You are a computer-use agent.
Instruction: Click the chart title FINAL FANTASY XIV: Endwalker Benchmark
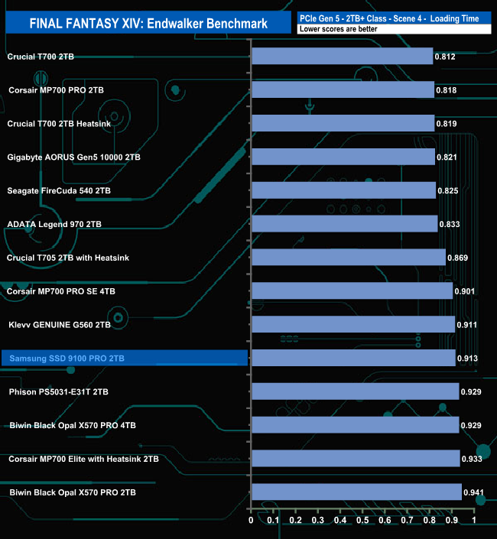coord(148,24)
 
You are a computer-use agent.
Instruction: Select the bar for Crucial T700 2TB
coord(342,57)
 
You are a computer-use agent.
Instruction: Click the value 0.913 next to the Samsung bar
coord(467,359)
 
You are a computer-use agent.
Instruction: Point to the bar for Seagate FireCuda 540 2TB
coord(343,190)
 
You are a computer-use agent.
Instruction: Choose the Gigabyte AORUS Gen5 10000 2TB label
coord(73,157)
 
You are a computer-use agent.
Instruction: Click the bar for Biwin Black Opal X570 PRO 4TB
coord(355,425)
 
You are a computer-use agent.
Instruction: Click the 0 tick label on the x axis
coord(251,521)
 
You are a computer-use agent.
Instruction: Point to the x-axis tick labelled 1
coord(474,521)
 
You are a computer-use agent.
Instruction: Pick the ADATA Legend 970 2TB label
coord(54,224)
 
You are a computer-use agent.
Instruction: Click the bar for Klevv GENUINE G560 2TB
coord(352,324)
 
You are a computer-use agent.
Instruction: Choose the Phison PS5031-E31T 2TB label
coord(59,391)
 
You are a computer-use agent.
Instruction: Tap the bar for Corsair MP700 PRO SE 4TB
coord(352,291)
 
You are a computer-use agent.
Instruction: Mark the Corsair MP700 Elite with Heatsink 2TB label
coord(84,459)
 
